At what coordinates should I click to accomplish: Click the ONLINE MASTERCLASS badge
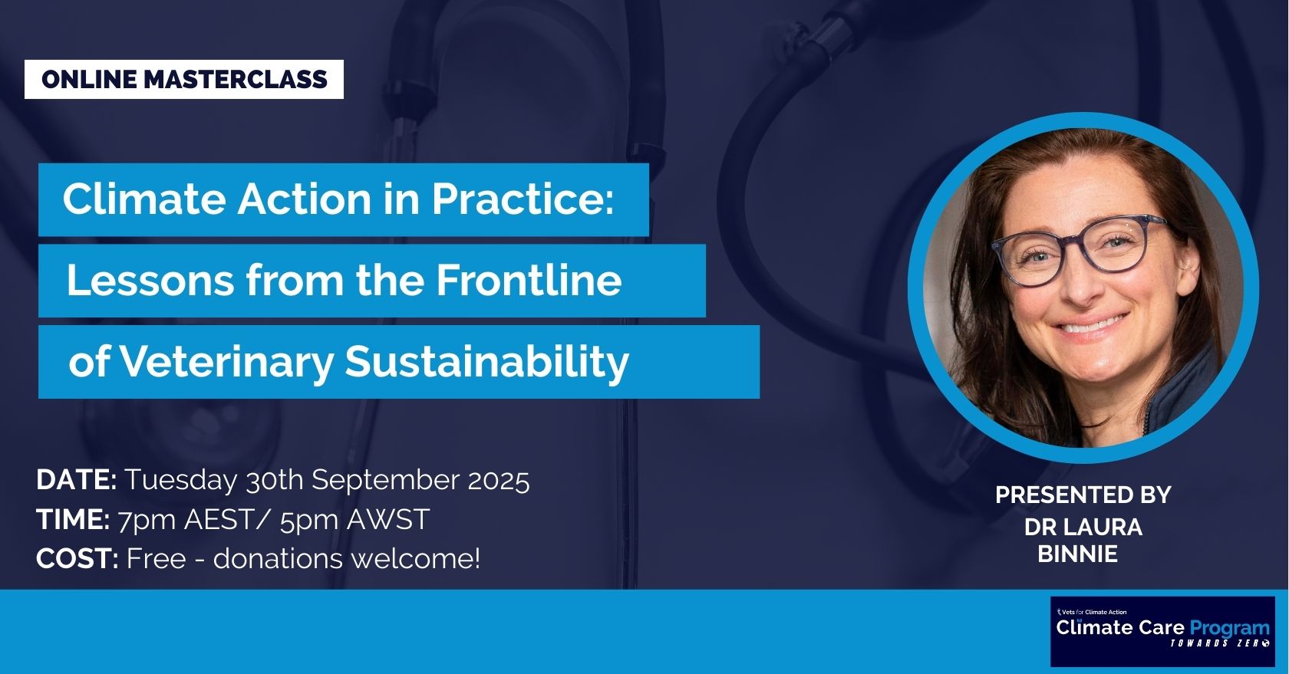tap(184, 80)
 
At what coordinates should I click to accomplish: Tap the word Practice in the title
tap(522, 199)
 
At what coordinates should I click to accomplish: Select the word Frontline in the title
tap(529, 281)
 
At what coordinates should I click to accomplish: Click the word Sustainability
tap(486, 362)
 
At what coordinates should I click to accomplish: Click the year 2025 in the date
tap(498, 480)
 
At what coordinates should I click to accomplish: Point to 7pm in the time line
tap(147, 520)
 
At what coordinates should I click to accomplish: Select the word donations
tap(277, 559)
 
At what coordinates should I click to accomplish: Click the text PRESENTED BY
tap(1083, 495)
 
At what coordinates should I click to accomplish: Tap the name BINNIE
tap(1077, 554)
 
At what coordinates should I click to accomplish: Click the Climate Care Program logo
tap(1162, 631)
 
